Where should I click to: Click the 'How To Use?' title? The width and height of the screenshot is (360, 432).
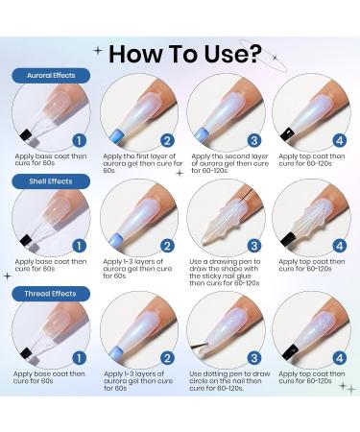coord(185,54)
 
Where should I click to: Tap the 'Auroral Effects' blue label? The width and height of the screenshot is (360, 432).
coord(51,76)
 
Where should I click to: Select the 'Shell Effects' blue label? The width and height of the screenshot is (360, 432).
coord(51,181)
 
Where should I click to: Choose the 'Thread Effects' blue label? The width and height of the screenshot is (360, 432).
coord(51,294)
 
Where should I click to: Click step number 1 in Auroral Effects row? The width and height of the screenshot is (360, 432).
coord(79,140)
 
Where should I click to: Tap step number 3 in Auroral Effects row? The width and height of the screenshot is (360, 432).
coord(254,140)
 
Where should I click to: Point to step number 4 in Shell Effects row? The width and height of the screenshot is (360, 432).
coord(340,246)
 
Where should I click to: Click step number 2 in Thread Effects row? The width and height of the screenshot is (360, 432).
coord(167,358)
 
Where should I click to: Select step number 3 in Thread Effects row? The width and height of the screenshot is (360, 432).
coord(254,358)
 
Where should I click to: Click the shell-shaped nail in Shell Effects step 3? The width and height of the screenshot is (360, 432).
coord(223,221)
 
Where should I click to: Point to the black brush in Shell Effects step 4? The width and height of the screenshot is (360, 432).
coord(288,239)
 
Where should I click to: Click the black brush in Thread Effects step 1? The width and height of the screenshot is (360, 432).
coord(26,353)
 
